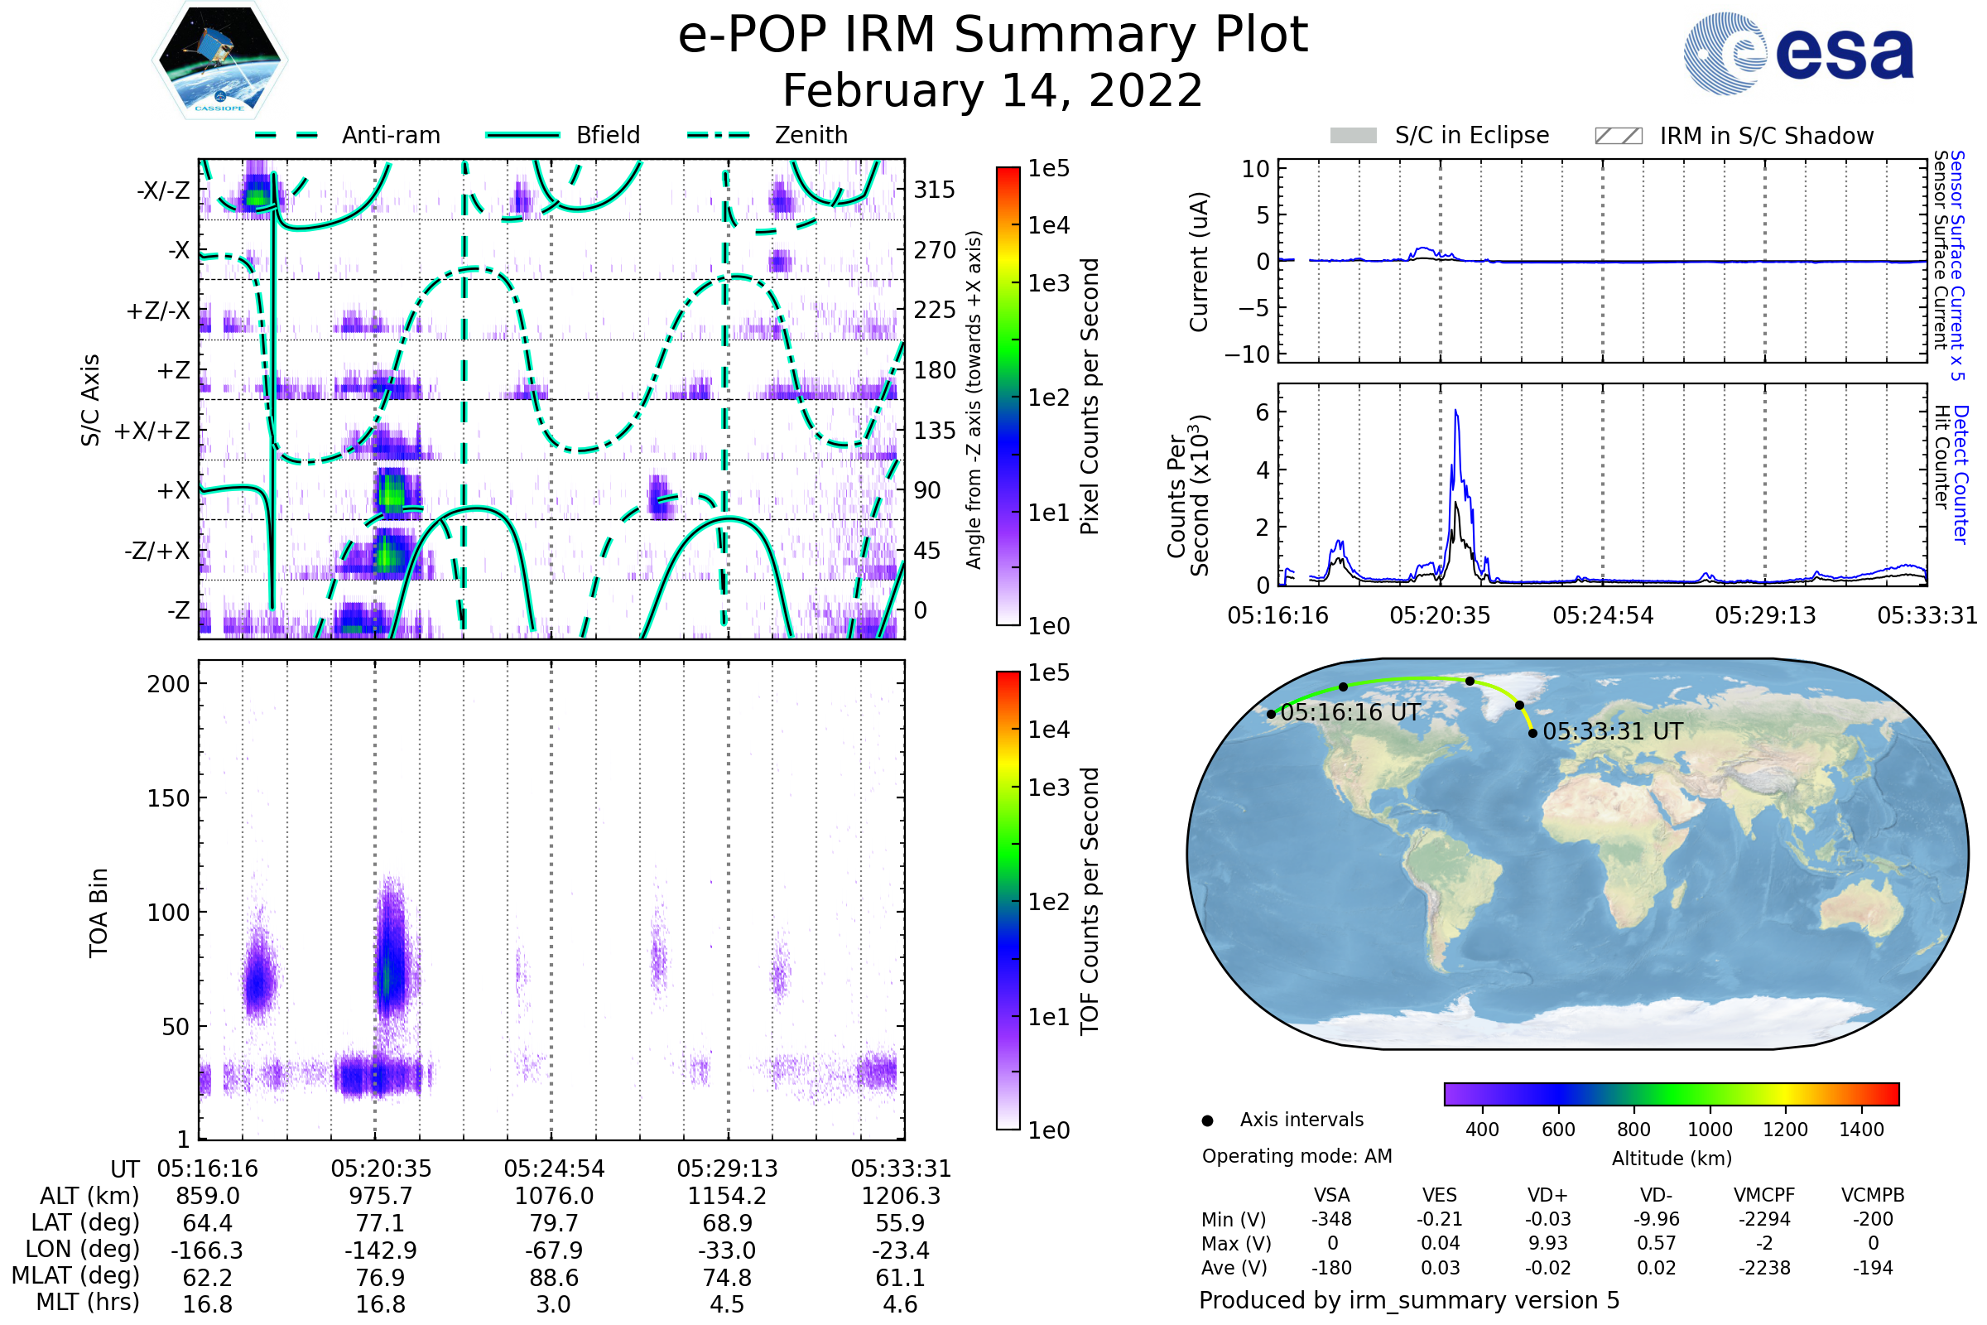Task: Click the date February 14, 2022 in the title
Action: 993,91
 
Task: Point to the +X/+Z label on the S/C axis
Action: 152,431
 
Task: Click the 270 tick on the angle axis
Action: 935,250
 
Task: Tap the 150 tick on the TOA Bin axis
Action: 168,798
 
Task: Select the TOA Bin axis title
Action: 99,912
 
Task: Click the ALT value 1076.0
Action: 554,1197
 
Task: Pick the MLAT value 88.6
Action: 554,1278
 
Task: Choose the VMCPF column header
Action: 1764,1196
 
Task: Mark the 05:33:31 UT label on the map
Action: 1613,732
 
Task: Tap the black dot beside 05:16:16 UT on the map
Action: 1272,714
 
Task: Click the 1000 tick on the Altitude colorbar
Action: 1710,1130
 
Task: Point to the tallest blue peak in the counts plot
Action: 1456,412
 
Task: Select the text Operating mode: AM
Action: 1297,1156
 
